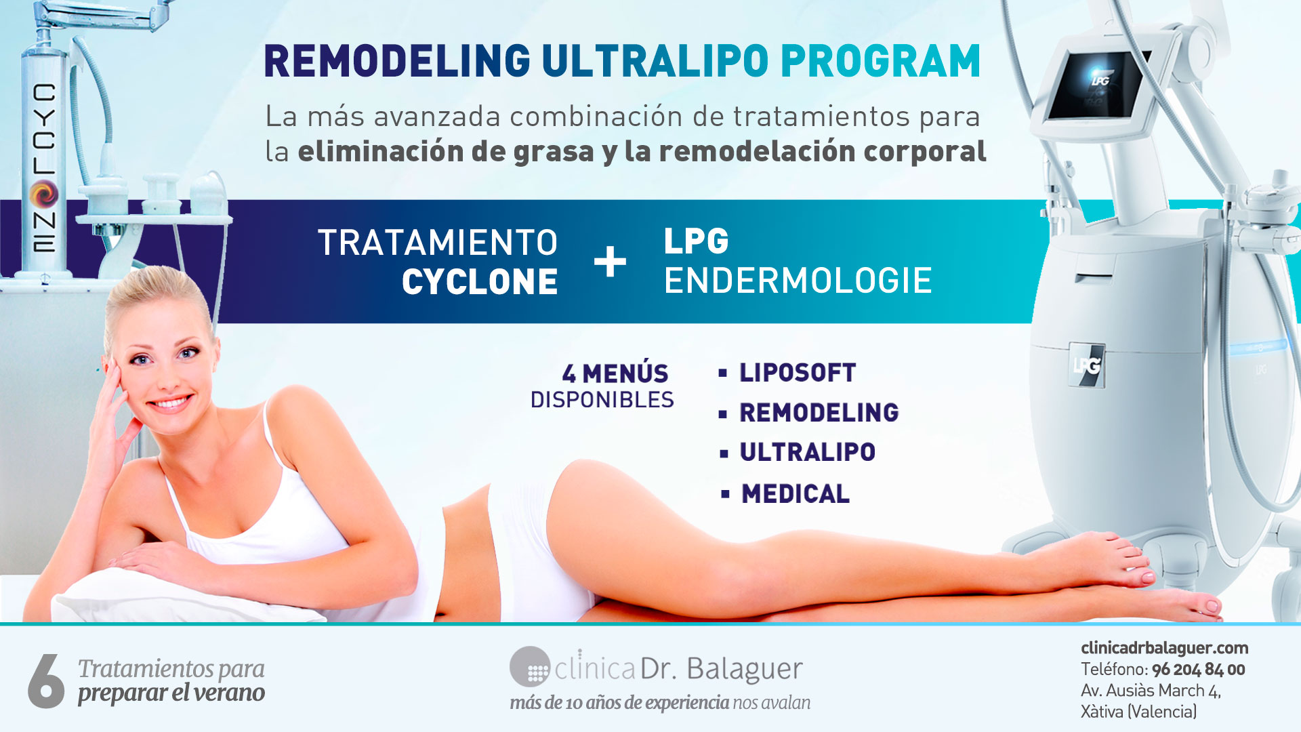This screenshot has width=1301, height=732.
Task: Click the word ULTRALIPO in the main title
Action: (x=655, y=62)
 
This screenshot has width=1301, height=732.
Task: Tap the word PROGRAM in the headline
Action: (x=881, y=62)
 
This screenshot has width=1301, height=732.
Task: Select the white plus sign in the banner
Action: (x=610, y=262)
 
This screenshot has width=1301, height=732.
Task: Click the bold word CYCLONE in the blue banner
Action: (x=480, y=282)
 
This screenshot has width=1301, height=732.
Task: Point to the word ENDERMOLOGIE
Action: (x=798, y=281)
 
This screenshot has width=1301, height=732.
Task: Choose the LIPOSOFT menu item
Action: (x=798, y=373)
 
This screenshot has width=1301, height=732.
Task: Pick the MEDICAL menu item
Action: (x=796, y=494)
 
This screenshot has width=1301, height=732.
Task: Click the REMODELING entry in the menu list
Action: (x=819, y=413)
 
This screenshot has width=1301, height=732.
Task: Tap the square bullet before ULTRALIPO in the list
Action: (x=724, y=453)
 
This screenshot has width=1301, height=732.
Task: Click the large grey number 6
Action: (x=46, y=681)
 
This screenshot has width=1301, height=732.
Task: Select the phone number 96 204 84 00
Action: (x=1199, y=670)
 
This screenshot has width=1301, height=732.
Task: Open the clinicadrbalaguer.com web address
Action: (x=1165, y=648)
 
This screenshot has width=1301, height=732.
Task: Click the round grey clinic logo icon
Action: (x=530, y=667)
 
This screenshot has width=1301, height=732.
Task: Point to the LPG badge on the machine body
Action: (x=1086, y=365)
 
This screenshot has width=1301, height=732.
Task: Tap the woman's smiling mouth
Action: (x=170, y=403)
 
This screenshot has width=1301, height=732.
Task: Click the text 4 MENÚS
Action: (x=615, y=374)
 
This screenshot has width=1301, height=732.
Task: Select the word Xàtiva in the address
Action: (x=1102, y=712)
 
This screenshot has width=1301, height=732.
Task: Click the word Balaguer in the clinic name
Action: (x=745, y=670)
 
